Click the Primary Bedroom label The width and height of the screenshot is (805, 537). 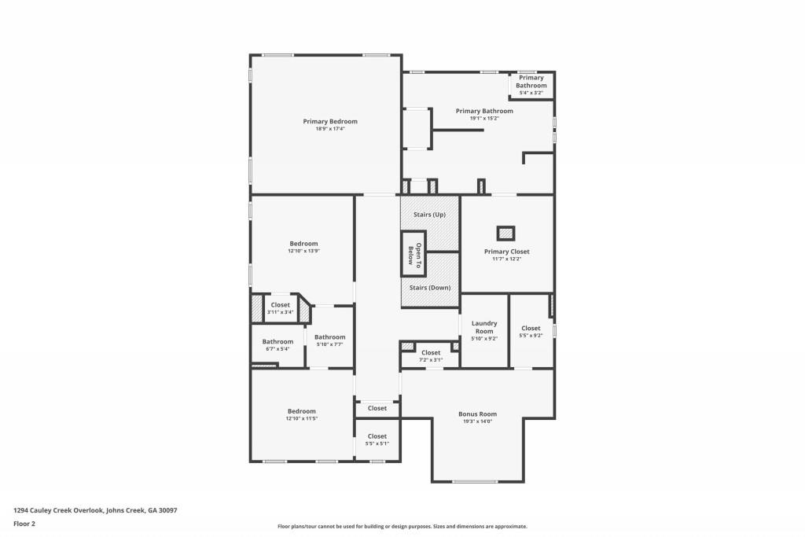330,121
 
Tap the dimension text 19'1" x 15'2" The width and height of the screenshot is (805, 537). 484,119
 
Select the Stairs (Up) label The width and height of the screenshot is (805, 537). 429,215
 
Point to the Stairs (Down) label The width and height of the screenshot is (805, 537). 430,288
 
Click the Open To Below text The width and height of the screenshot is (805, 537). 414,254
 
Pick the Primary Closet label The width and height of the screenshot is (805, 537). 506,252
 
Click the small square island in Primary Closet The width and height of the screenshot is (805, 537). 505,233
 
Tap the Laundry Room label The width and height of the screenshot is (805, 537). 484,327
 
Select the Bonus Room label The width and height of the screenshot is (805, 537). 477,414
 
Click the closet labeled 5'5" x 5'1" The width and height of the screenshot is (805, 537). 377,440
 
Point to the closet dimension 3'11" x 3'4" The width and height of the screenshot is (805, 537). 280,312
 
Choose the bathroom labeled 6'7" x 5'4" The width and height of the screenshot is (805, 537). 278,344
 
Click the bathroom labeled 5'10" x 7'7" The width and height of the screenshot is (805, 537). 330,340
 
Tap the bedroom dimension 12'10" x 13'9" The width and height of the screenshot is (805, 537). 304,251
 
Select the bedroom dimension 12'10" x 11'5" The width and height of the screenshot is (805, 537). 301,419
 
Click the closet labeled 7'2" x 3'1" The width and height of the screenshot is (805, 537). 431,356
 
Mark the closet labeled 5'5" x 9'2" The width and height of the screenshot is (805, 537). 531,332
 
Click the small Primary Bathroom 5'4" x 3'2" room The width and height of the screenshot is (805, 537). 531,85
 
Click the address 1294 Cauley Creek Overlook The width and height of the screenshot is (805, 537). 94,510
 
